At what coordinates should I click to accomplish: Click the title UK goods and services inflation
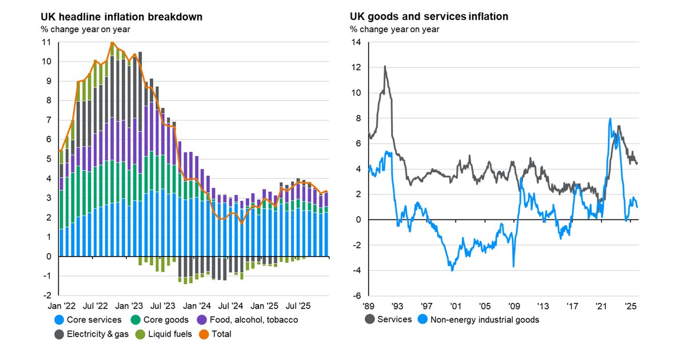pos(429,17)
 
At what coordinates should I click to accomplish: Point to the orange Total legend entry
pos(221,334)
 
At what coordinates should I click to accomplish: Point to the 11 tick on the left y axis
pos(47,42)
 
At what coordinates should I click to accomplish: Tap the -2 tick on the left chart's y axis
pos(47,295)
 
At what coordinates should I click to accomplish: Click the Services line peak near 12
pos(385,66)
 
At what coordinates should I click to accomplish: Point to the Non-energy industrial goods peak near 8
pos(610,119)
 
